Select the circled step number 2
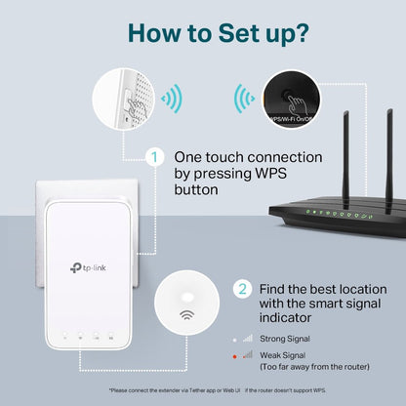[242, 289]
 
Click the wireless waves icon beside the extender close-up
[172, 98]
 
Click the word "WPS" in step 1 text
[296, 173]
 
